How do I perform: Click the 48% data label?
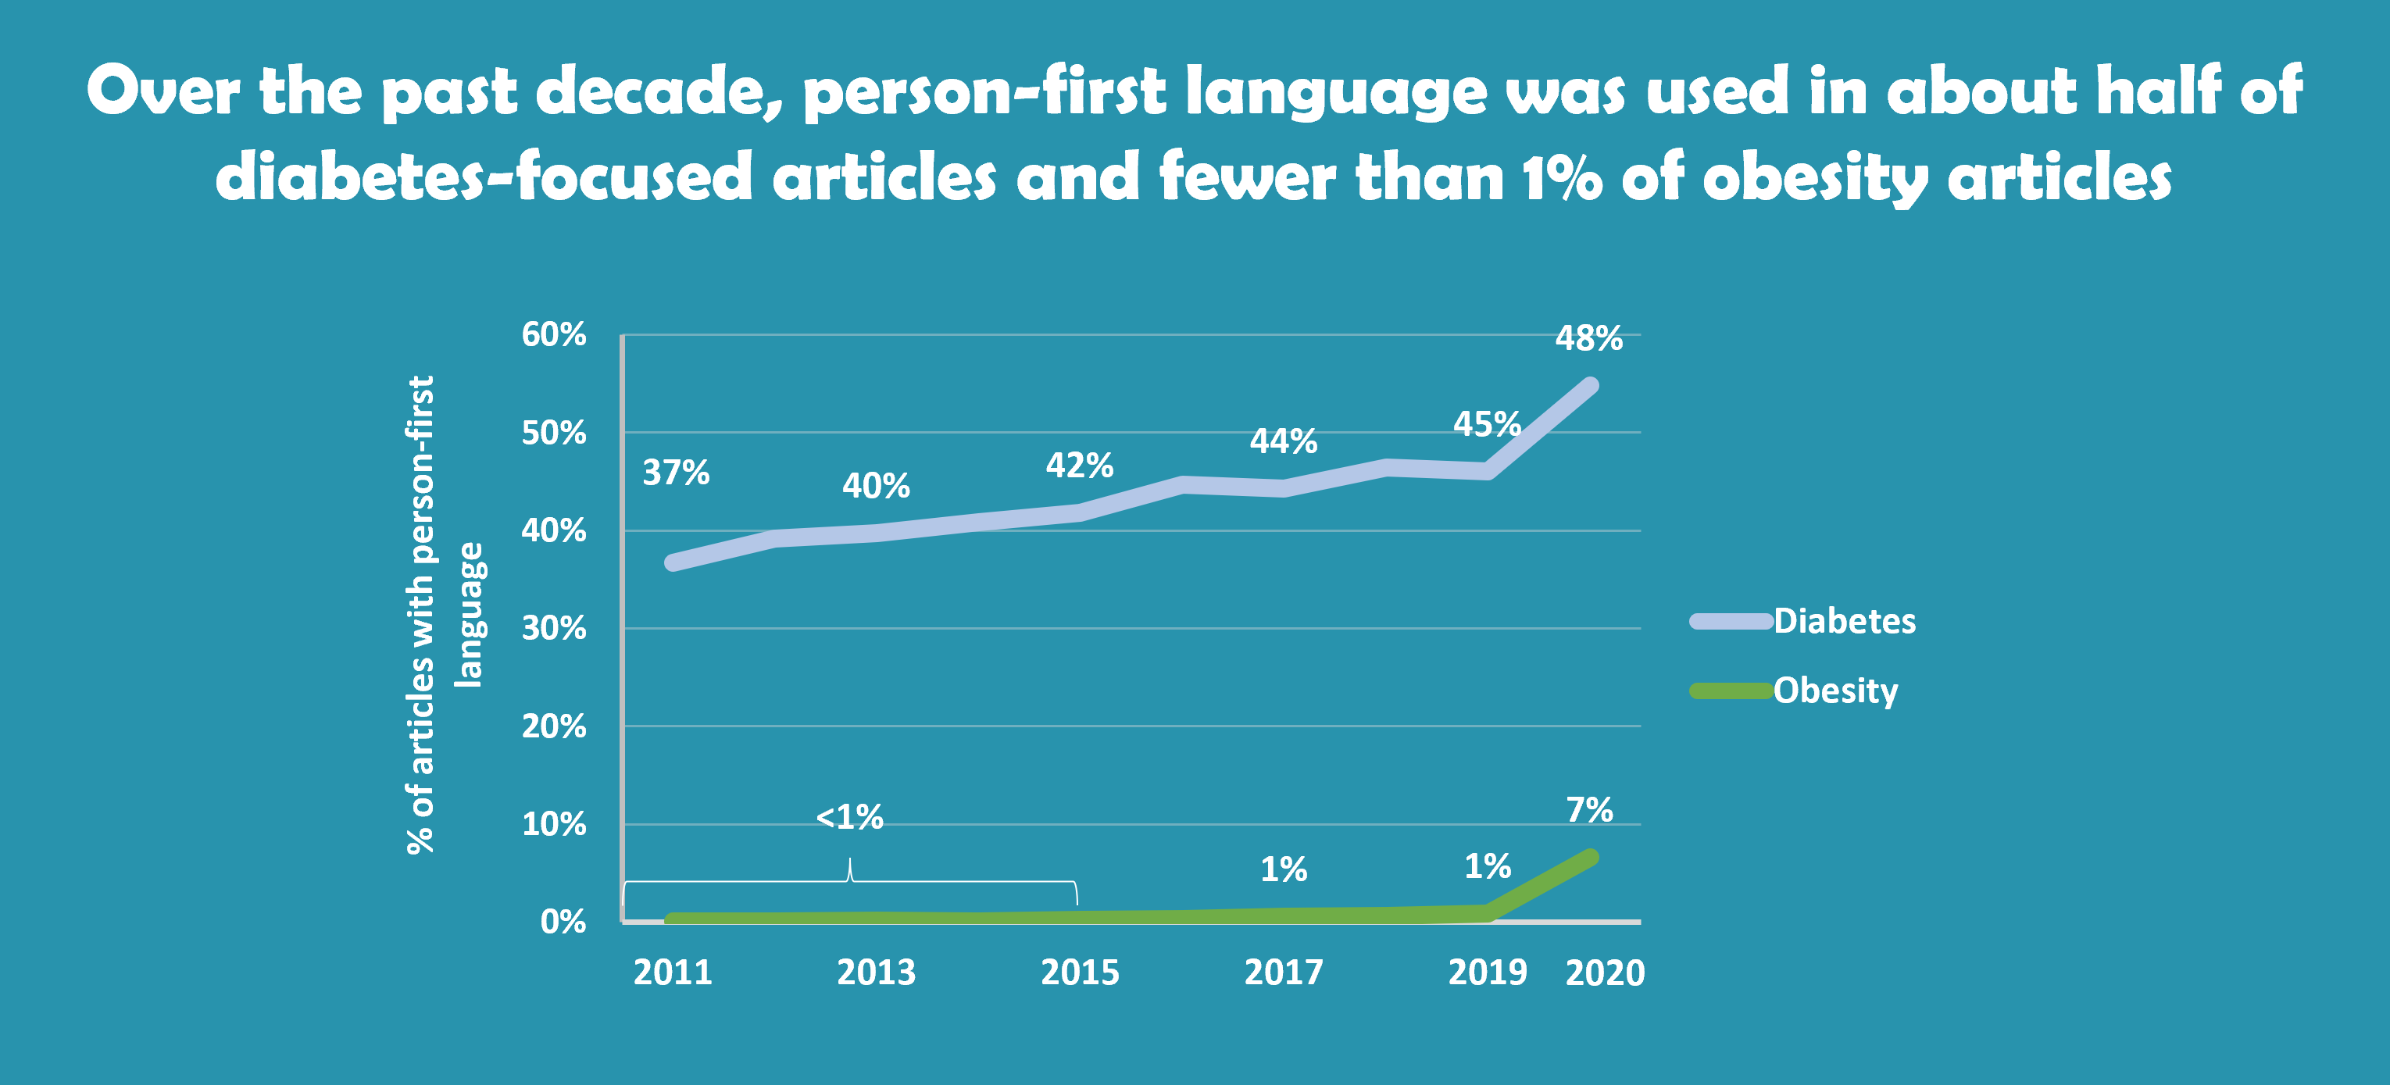point(1588,338)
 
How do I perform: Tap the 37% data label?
point(675,473)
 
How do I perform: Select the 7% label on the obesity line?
point(1589,809)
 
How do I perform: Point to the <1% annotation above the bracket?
point(849,817)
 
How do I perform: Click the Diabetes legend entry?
point(1844,620)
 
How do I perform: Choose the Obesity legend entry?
point(1835,690)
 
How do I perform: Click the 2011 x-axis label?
point(673,972)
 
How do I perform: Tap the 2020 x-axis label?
point(1604,973)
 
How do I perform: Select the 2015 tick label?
point(1080,972)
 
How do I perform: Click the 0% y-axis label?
point(563,921)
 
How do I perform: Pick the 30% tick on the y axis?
point(554,628)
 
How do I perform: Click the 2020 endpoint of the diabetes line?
point(1590,386)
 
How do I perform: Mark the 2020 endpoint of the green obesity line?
point(1590,857)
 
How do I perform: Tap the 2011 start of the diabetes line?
point(673,562)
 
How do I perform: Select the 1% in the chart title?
point(1562,177)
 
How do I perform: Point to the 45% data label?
point(1486,424)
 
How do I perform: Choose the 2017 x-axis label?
point(1283,972)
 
